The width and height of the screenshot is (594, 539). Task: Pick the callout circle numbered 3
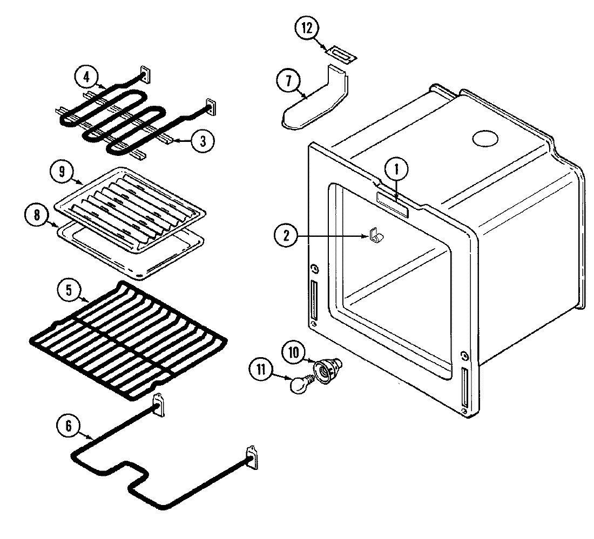click(202, 141)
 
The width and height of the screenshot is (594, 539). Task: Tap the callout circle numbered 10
click(294, 353)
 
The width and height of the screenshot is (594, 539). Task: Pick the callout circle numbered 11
click(262, 370)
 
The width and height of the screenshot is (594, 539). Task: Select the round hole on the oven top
click(484, 139)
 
